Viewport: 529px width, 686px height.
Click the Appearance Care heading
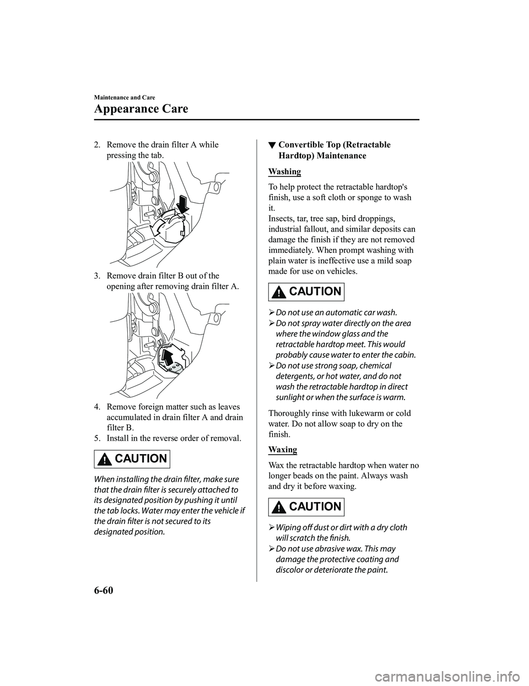pos(141,109)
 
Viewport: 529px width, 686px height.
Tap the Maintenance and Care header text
pos(124,97)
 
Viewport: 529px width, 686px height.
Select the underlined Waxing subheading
pos(283,450)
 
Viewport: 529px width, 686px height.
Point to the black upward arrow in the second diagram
pos(169,353)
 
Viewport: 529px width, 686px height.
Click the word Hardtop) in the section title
pos(298,156)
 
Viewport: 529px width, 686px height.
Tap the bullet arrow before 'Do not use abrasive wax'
pos(271,549)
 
